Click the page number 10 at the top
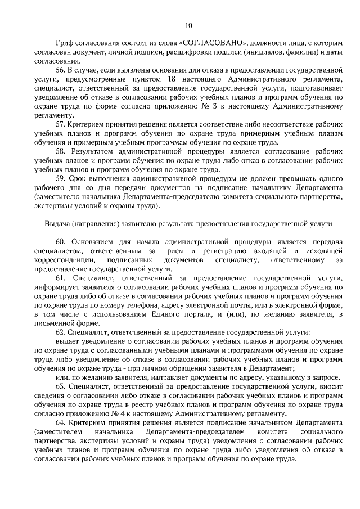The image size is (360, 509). (x=188, y=25)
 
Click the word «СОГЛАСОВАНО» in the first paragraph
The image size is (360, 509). (x=213, y=44)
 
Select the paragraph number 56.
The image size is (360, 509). (x=61, y=70)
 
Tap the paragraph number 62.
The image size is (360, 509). (x=61, y=332)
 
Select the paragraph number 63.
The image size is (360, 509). (x=61, y=386)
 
